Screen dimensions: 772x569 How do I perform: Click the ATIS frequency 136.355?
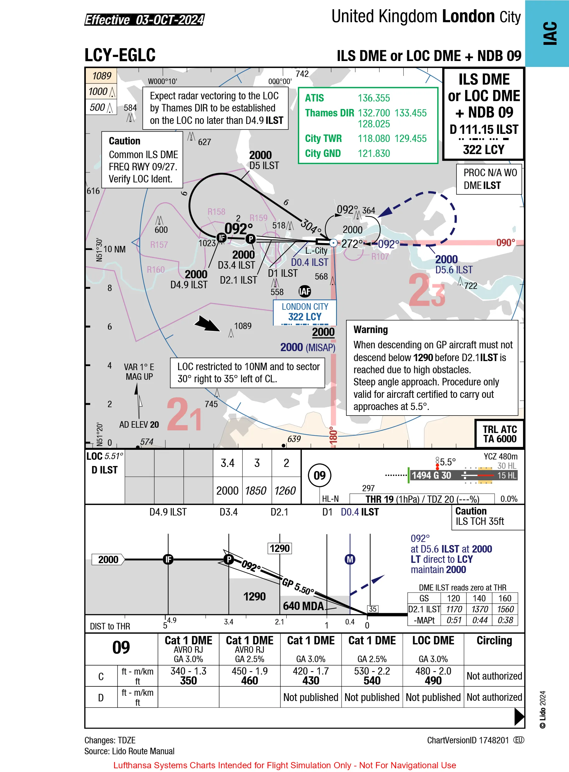(374, 98)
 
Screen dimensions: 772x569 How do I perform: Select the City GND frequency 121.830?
(374, 153)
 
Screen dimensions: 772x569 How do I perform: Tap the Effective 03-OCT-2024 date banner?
(145, 20)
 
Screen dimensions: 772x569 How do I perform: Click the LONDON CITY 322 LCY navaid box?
(305, 312)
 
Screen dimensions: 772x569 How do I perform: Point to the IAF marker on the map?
(304, 291)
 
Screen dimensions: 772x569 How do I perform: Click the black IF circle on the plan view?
(221, 237)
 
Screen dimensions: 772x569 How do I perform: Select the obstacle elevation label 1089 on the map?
(243, 326)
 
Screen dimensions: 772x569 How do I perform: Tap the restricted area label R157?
(159, 245)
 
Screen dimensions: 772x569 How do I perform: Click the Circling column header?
(494, 641)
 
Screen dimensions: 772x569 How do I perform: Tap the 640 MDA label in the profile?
(303, 606)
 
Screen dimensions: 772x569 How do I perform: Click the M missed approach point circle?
(350, 560)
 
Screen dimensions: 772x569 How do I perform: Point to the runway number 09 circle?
(319, 475)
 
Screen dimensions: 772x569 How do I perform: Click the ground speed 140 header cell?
(479, 599)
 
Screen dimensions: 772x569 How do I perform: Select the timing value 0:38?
(505, 620)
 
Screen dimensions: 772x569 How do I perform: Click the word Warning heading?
(371, 330)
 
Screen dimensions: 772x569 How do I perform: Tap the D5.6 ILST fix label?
(454, 270)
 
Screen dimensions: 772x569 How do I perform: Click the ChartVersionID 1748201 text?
(467, 740)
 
